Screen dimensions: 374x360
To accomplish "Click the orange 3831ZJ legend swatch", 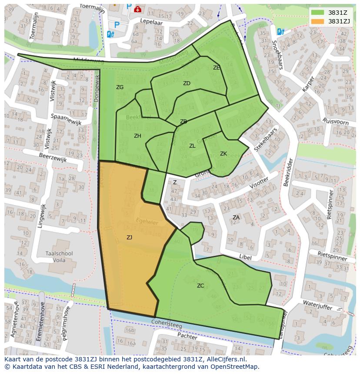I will click(x=318, y=21).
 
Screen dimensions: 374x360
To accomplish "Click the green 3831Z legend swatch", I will click(x=318, y=12).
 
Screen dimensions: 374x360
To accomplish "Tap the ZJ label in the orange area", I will click(x=129, y=237).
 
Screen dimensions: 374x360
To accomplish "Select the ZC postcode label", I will click(x=200, y=285).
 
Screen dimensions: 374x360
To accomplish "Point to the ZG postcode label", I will click(x=120, y=87).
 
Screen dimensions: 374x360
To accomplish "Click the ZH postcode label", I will click(x=137, y=136).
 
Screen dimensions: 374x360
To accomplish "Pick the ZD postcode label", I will click(x=187, y=83).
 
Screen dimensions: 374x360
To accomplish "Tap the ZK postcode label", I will click(x=223, y=154).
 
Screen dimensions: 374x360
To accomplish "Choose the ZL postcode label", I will click(x=192, y=146).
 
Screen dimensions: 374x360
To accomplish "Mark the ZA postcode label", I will click(x=236, y=217).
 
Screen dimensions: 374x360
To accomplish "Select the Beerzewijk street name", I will click(x=53, y=157).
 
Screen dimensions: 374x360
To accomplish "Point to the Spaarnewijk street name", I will click(x=66, y=119).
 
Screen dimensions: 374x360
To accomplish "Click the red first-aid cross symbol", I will click(x=138, y=9).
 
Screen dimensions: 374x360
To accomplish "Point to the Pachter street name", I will click(x=187, y=336).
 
